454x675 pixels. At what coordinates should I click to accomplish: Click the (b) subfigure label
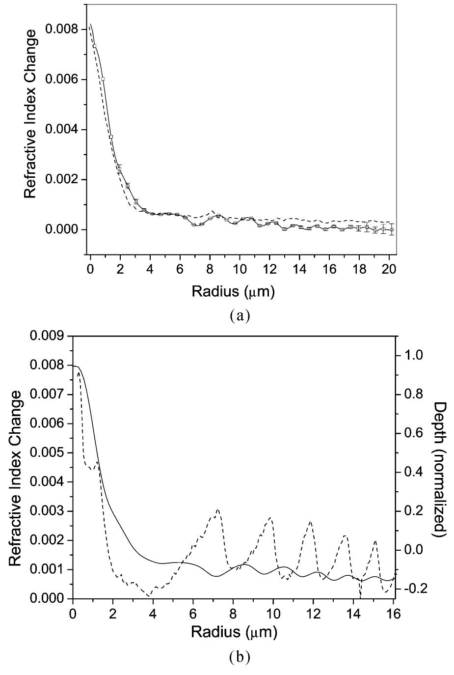[239, 657]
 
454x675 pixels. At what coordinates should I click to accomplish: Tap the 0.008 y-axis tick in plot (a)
[62, 29]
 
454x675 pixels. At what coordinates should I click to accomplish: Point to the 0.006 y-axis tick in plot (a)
[62, 80]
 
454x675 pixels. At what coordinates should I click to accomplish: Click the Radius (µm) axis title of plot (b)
[233, 632]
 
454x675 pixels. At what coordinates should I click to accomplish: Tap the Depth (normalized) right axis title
[440, 469]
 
